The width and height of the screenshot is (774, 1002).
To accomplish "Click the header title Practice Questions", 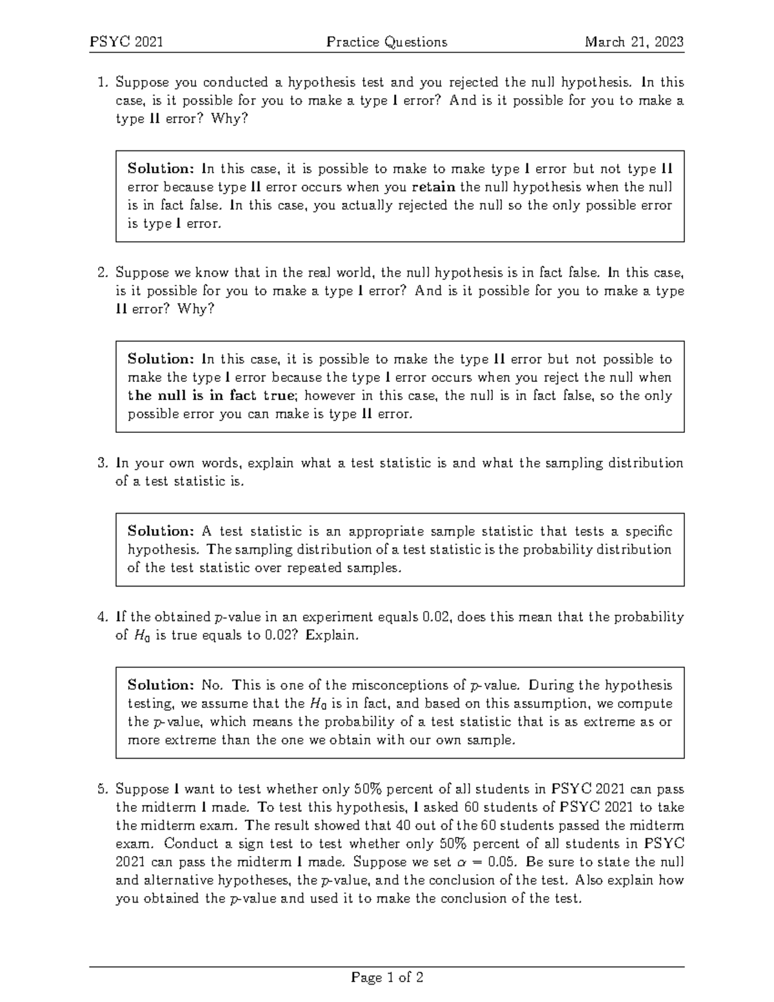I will [386, 43].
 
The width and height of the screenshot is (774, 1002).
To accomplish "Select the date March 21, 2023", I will [634, 43].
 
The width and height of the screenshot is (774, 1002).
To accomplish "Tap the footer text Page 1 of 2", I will [387, 978].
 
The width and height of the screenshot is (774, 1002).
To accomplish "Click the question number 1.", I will [101, 83].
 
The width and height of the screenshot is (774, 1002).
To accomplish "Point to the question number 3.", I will [101, 463].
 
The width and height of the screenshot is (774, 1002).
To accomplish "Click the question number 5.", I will [101, 789].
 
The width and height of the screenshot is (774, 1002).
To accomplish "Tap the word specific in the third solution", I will [647, 532].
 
